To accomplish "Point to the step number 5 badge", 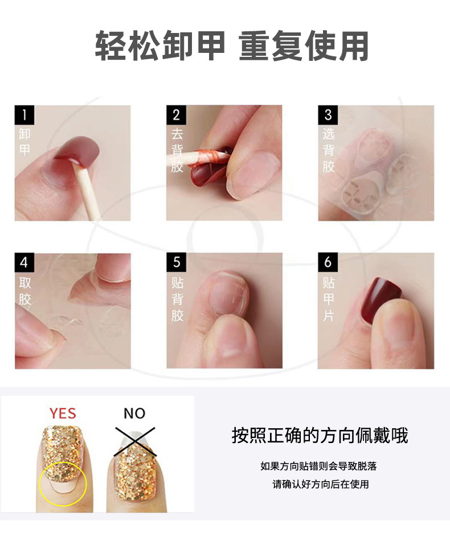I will (x=176, y=263).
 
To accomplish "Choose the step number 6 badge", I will (x=328, y=263).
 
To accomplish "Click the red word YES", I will (x=63, y=413).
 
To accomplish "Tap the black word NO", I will (x=134, y=413).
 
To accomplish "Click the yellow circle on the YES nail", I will (x=63, y=483).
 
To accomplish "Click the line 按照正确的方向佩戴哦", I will (x=320, y=436).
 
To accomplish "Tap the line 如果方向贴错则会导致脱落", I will (x=318, y=466).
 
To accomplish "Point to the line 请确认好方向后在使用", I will (x=321, y=485).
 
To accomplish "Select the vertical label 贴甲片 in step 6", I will (x=328, y=299).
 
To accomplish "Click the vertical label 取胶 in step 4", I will (x=24, y=291).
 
